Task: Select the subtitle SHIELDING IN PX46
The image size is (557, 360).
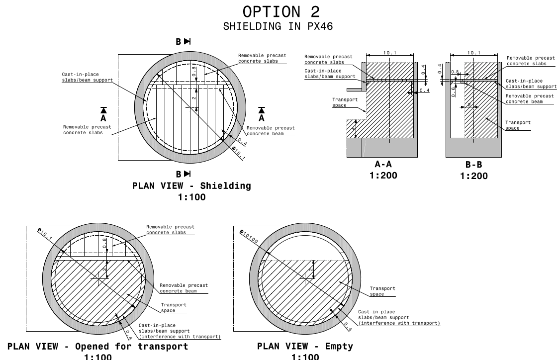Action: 278,26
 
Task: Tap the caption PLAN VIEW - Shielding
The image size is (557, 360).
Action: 191,186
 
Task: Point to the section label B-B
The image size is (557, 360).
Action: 473,165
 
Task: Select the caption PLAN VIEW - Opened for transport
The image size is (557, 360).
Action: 98,346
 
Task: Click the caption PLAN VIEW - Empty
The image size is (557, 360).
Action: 305,346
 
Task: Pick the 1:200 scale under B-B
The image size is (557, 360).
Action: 473,176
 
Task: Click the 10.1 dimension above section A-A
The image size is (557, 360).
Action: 389,53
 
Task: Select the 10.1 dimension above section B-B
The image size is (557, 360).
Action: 474,53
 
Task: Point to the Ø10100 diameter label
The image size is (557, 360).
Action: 250,236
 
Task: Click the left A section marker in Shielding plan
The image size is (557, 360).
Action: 103,114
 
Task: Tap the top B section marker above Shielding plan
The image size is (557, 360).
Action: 183,42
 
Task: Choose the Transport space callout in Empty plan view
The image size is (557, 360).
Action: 382,291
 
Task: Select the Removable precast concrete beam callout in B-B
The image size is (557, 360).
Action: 529,98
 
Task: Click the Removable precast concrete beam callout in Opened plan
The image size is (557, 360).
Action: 184,288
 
